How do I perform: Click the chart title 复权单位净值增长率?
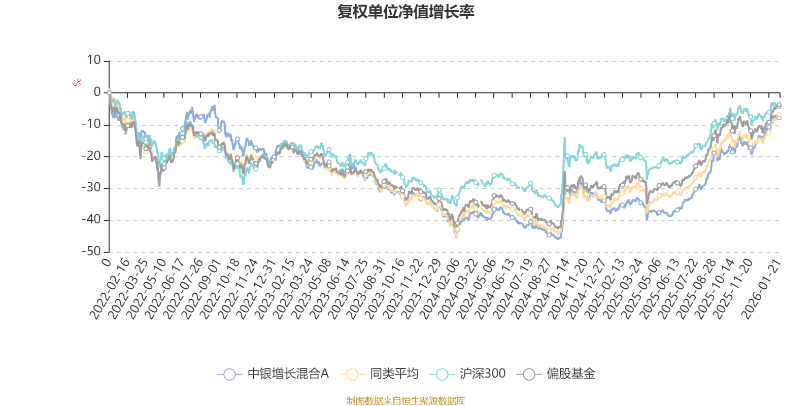[x=406, y=12]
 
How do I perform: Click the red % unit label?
[x=77, y=82]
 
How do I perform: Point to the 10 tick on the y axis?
[x=94, y=60]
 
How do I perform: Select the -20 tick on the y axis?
[x=91, y=156]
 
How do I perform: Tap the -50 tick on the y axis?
[x=91, y=251]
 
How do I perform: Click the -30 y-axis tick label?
[x=91, y=188]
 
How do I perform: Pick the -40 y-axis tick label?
[x=91, y=220]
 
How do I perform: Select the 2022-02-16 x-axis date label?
[x=109, y=288]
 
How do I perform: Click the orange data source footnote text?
[x=406, y=401]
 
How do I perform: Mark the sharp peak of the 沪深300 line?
[x=564, y=137]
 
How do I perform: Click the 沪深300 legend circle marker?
[x=442, y=375]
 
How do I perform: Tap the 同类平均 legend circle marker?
[x=352, y=375]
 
